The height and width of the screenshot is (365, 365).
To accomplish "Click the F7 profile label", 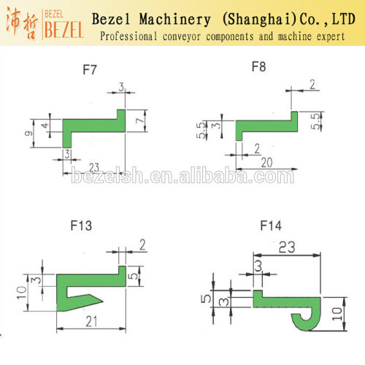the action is pyautogui.click(x=90, y=69).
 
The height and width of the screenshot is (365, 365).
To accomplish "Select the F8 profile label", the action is pyautogui.click(x=258, y=66).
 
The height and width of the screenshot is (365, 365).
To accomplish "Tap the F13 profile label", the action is pyautogui.click(x=81, y=226).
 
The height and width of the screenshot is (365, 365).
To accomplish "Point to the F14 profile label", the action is pyautogui.click(x=271, y=226).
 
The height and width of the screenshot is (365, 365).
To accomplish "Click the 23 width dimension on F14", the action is pyautogui.click(x=287, y=247).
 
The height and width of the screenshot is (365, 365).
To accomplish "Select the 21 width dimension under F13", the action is pyautogui.click(x=91, y=321).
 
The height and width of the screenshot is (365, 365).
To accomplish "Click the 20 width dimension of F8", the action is pyautogui.click(x=266, y=163).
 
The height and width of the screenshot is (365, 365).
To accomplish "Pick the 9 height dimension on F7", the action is pyautogui.click(x=28, y=134).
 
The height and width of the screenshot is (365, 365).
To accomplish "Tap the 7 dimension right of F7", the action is pyautogui.click(x=139, y=120).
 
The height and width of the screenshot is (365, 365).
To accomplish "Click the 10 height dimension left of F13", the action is pyautogui.click(x=21, y=293).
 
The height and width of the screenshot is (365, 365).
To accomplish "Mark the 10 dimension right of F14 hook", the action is pyautogui.click(x=337, y=314).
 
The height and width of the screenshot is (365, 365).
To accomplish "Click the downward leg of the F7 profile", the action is pyautogui.click(x=67, y=139).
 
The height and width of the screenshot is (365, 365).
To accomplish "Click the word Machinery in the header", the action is pyautogui.click(x=175, y=20).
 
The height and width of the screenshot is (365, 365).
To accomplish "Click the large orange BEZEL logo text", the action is pyautogui.click(x=64, y=30).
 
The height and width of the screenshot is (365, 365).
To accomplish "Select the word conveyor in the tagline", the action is pyautogui.click(x=182, y=36).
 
